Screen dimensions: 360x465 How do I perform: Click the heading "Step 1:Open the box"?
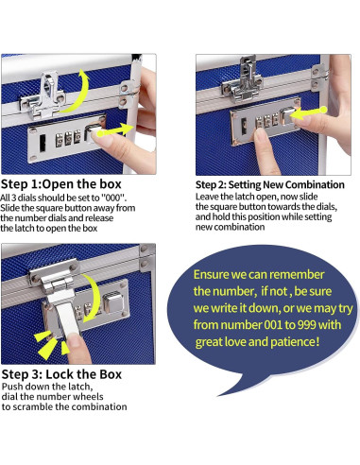(x=61, y=184)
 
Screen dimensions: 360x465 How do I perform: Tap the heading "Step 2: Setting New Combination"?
(x=270, y=184)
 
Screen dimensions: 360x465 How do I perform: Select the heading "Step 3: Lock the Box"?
(x=61, y=374)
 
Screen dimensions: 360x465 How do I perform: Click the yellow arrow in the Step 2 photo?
(x=308, y=112)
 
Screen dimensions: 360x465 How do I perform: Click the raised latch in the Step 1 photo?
(x=47, y=95)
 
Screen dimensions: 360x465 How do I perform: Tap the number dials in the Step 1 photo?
(x=68, y=139)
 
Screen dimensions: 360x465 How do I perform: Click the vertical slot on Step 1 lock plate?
(x=42, y=144)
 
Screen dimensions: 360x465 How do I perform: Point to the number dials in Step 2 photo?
(x=266, y=121)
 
